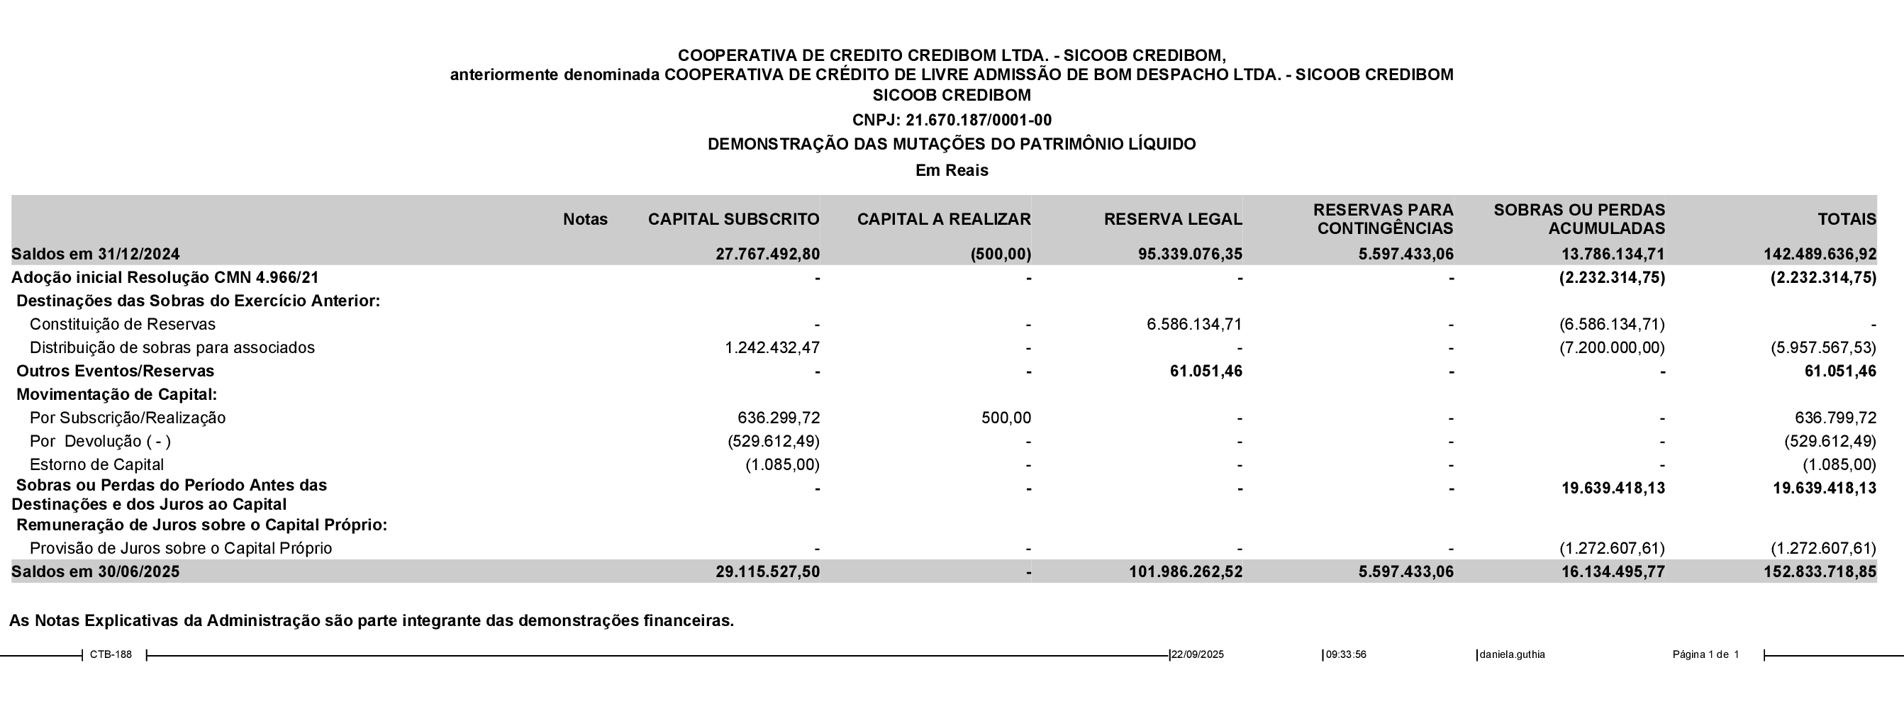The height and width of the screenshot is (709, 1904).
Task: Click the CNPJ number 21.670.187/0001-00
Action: [979, 120]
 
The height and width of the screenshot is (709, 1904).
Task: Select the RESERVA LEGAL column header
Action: [1173, 220]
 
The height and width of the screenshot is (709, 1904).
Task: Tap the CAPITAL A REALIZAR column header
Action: [944, 220]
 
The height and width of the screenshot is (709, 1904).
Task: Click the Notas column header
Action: [586, 220]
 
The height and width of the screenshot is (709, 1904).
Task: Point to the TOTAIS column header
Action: [1847, 220]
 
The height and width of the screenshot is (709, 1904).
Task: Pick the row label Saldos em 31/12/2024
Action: [95, 255]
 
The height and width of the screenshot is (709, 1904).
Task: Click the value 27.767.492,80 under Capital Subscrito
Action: [767, 255]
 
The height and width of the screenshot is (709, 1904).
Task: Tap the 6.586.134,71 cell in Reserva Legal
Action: [1194, 325]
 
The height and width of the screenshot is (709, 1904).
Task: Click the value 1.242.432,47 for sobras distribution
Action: [772, 347]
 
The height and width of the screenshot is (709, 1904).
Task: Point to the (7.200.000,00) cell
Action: [1612, 347]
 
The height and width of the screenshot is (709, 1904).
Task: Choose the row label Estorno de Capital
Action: [97, 465]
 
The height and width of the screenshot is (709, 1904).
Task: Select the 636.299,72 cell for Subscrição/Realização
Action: [779, 418]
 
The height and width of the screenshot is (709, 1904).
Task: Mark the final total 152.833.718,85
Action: [1820, 572]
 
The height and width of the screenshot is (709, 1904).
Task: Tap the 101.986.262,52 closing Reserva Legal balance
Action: [1186, 572]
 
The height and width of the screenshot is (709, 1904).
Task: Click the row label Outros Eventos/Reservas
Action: [116, 371]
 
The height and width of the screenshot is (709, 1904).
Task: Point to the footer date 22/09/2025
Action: [1198, 654]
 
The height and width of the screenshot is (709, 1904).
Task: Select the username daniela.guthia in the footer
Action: [1513, 654]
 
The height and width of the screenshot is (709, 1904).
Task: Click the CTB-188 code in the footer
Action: [111, 654]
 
